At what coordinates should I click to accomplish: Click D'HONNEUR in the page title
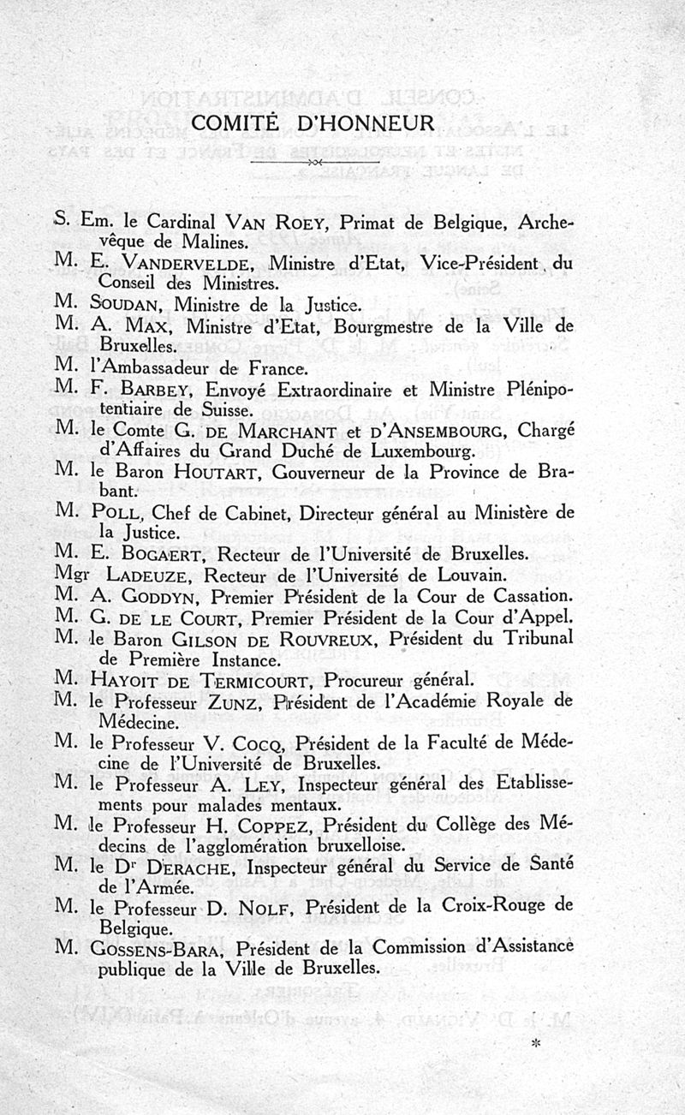point(368,123)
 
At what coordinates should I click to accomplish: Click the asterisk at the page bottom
point(536,1046)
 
